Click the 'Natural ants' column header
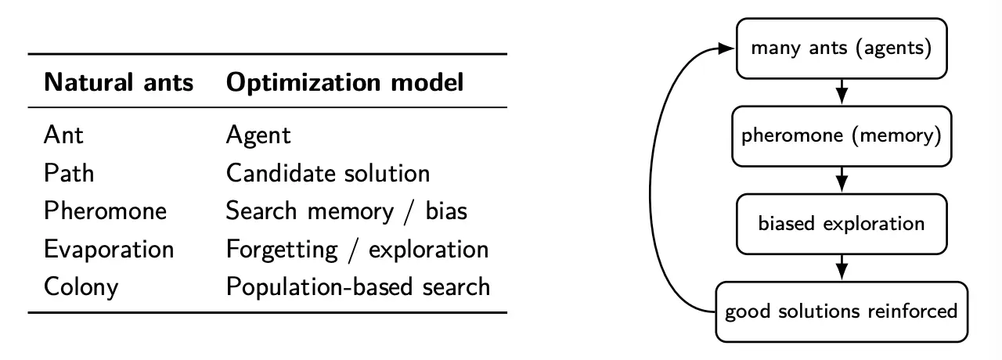pyautogui.click(x=119, y=82)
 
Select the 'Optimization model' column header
pyautogui.click(x=344, y=82)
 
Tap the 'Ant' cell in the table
pyautogui.click(x=63, y=135)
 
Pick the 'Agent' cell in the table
pyautogui.click(x=258, y=135)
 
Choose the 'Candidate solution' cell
pyautogui.click(x=328, y=172)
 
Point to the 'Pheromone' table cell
pyautogui.click(x=105, y=211)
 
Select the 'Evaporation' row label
pyautogui.click(x=109, y=249)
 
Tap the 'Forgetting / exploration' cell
pyautogui.click(x=357, y=249)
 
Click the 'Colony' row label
pyautogui.click(x=81, y=286)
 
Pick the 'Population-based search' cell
pyautogui.click(x=358, y=286)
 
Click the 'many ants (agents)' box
pyautogui.click(x=842, y=49)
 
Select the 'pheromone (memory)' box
pyautogui.click(x=842, y=135)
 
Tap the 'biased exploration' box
pyautogui.click(x=842, y=223)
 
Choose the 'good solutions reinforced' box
pyautogui.click(x=842, y=311)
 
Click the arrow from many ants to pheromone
pyautogui.click(x=842, y=92)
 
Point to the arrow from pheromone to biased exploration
pyautogui.click(x=842, y=179)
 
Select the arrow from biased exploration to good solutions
pyautogui.click(x=842, y=267)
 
